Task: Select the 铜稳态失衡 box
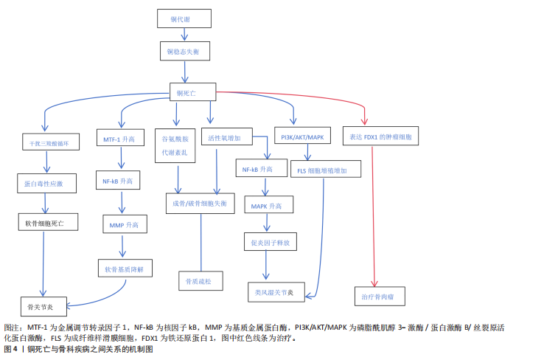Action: coord(184,52)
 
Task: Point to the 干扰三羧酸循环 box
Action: coord(48,143)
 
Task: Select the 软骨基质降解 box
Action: coord(125,269)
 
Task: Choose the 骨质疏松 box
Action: coord(200,281)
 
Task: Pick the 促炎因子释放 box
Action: coord(271,241)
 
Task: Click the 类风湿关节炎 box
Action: coord(274,293)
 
